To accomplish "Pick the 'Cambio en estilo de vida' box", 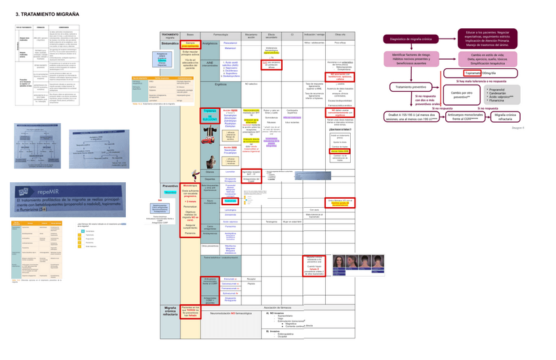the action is click(486, 58).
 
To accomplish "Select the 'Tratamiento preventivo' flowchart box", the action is click(411, 87).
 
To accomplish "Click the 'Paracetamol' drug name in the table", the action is click(230, 43).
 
